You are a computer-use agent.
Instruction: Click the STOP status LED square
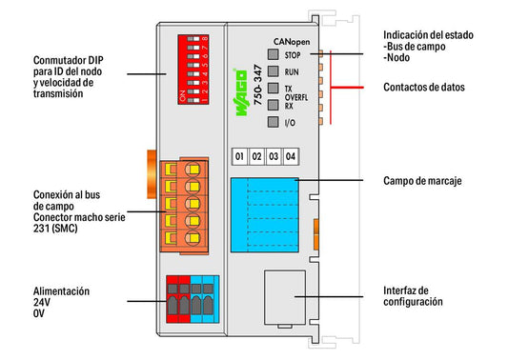point(274,54)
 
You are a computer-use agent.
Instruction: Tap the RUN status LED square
point(274,71)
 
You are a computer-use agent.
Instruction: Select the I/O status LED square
point(274,122)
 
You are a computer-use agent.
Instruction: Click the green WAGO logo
point(240,92)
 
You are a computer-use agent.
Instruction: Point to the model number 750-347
point(258,85)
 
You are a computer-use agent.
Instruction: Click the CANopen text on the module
point(292,42)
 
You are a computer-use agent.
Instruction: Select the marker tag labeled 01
point(239,157)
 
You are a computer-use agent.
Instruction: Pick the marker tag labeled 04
point(291,157)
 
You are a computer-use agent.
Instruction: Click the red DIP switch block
point(193,70)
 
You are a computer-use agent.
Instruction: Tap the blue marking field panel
point(265,215)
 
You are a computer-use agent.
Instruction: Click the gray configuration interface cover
point(285,297)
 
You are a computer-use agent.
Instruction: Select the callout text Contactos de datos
point(424,87)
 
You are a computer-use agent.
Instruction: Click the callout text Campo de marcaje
point(422,181)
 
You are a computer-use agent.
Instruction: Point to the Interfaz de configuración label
point(413,296)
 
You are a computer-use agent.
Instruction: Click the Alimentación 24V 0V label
point(61,302)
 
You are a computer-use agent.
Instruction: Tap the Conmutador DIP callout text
point(68,77)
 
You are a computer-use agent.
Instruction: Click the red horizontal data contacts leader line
point(347,88)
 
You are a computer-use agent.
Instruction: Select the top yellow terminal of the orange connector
point(193,170)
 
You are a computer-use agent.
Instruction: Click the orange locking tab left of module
point(152,174)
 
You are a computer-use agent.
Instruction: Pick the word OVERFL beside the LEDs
point(296,97)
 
